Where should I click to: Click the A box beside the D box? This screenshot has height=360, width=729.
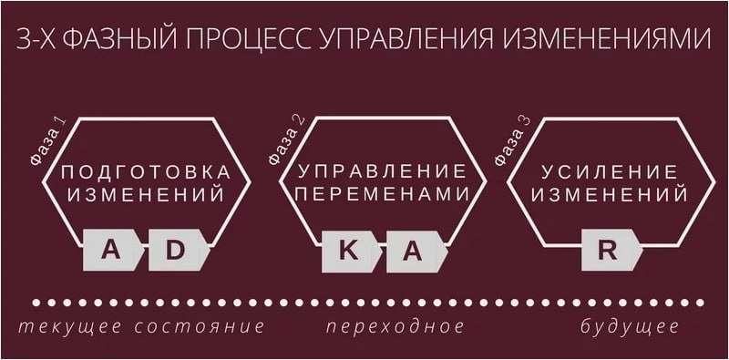(111, 251)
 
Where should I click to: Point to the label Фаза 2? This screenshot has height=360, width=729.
(284, 142)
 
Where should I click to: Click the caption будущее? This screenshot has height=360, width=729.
(630, 325)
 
